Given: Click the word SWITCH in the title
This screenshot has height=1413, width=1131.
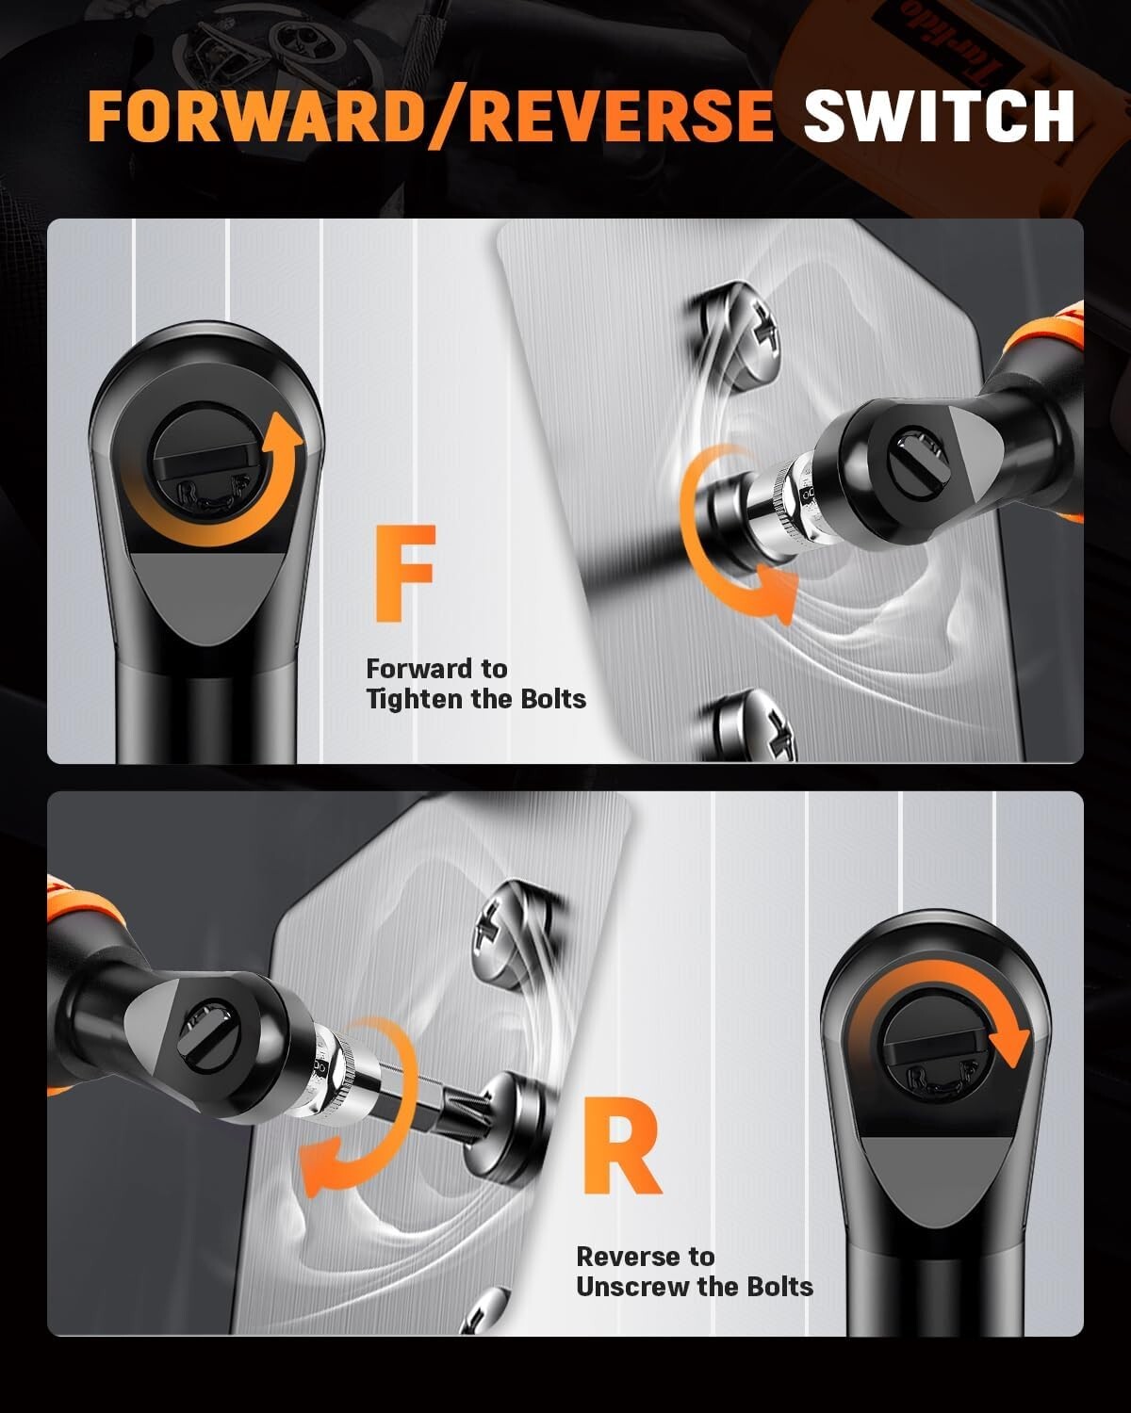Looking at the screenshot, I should click(x=939, y=116).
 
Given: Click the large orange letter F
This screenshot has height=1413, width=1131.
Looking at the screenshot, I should click(x=404, y=574).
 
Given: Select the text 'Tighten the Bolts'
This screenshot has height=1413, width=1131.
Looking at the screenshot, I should click(x=476, y=699).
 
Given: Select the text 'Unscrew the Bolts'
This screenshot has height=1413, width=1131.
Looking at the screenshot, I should click(x=695, y=1287).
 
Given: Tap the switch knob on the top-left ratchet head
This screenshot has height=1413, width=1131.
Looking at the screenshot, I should click(x=207, y=462).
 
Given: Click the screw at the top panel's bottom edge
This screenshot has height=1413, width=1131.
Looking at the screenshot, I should click(x=754, y=730).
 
